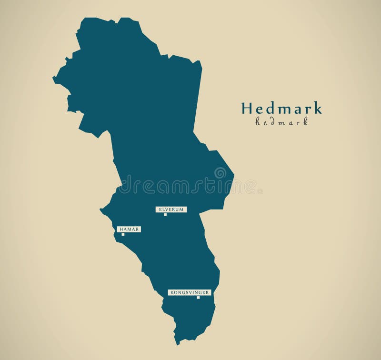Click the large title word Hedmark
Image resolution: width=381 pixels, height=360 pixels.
(281, 108)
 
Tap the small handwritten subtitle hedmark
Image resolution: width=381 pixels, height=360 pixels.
(281, 122)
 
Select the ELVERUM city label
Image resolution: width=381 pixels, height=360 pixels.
(170, 209)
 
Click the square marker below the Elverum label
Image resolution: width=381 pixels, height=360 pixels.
(165, 214)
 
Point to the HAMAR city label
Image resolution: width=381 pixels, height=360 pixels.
(129, 229)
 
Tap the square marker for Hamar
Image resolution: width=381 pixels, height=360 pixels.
(123, 234)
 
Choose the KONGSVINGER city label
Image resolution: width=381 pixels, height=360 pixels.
(189, 292)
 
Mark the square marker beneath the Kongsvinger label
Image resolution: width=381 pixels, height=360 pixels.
(198, 298)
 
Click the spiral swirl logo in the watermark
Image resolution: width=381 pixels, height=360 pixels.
(220, 173)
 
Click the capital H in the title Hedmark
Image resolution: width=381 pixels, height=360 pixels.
(247, 108)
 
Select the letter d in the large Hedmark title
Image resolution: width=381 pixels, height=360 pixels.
(269, 108)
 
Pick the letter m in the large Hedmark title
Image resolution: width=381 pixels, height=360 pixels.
(283, 109)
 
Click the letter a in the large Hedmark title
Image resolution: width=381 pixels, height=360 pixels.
(296, 109)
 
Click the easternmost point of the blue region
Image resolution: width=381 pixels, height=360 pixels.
(234, 179)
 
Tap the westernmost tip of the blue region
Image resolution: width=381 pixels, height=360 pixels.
(53, 79)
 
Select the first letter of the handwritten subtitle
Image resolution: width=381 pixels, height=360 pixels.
(258, 122)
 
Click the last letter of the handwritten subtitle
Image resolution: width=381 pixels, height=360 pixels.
(305, 122)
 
